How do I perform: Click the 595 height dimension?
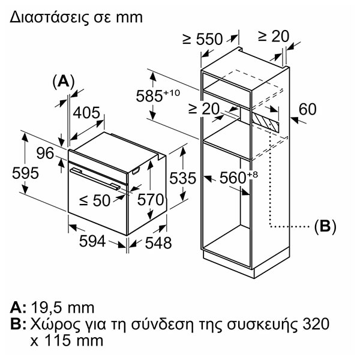point(25,173)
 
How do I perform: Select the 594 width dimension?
point(92,241)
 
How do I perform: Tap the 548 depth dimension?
point(158,242)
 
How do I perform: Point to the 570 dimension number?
point(151,199)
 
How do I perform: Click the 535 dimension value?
point(183,178)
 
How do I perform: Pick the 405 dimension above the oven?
point(86,113)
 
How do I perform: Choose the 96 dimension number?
point(45,153)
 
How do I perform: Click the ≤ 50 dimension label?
point(95,200)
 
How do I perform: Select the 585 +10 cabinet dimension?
point(158,95)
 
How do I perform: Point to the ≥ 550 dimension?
point(203,39)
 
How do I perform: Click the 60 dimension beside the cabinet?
point(307,109)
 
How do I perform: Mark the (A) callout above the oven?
point(64,81)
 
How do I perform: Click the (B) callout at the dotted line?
point(325,226)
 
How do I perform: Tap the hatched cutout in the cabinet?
point(265,121)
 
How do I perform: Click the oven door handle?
point(95,179)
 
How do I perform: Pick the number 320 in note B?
point(316,324)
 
